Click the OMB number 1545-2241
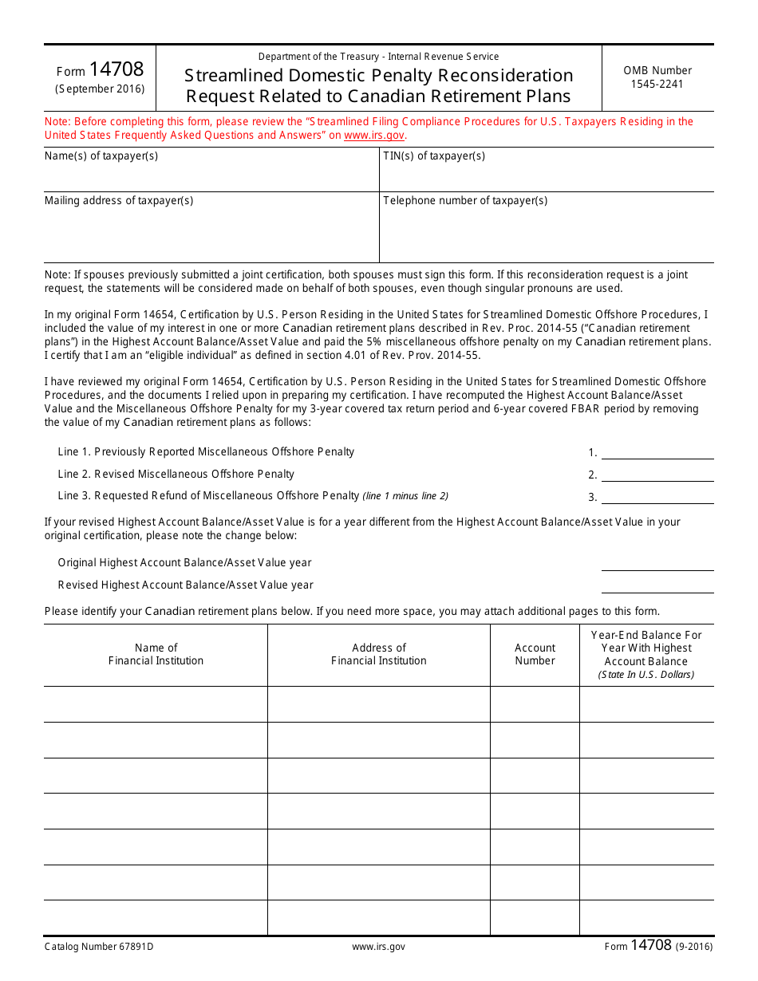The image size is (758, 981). point(657,84)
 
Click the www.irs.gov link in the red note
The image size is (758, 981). point(374,136)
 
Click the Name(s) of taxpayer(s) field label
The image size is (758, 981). point(101,156)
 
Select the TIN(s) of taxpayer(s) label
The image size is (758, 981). point(434,156)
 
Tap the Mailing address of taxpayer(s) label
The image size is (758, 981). point(119,201)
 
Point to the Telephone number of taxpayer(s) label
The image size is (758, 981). point(465,201)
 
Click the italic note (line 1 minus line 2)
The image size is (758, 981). point(405,496)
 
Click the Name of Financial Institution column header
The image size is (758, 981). point(156,655)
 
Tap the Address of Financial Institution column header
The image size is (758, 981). point(379,655)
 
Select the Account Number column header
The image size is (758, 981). point(535,655)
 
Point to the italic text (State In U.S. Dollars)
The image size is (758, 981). point(646,675)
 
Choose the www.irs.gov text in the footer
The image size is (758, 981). point(378,947)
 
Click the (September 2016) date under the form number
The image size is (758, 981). point(100,89)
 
